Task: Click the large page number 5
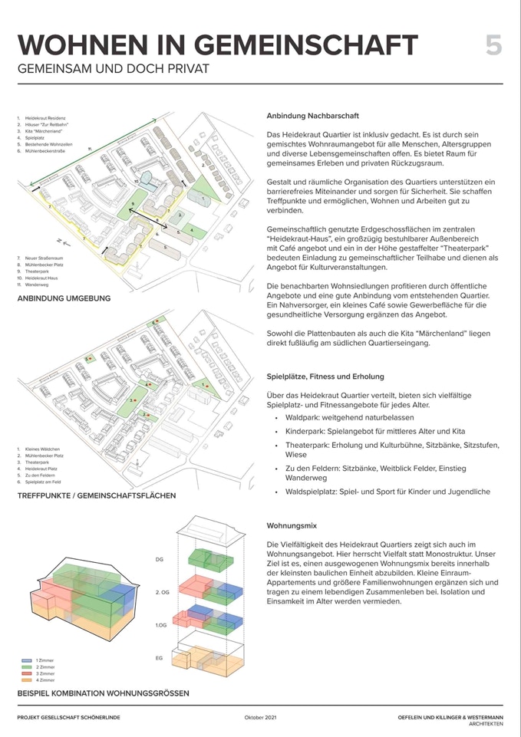click(x=493, y=45)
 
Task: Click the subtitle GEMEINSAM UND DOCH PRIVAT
click(x=113, y=69)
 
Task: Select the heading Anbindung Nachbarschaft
click(x=312, y=116)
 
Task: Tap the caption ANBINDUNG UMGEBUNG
click(x=64, y=298)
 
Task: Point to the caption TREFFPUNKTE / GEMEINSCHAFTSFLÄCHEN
click(x=97, y=495)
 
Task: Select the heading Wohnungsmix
click(x=289, y=528)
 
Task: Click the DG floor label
click(x=160, y=560)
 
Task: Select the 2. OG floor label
click(x=162, y=593)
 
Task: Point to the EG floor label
click(x=160, y=659)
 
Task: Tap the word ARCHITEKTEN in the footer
click(x=482, y=724)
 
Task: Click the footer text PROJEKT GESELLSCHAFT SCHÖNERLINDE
click(x=68, y=717)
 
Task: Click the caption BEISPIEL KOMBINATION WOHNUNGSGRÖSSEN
click(x=103, y=693)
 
